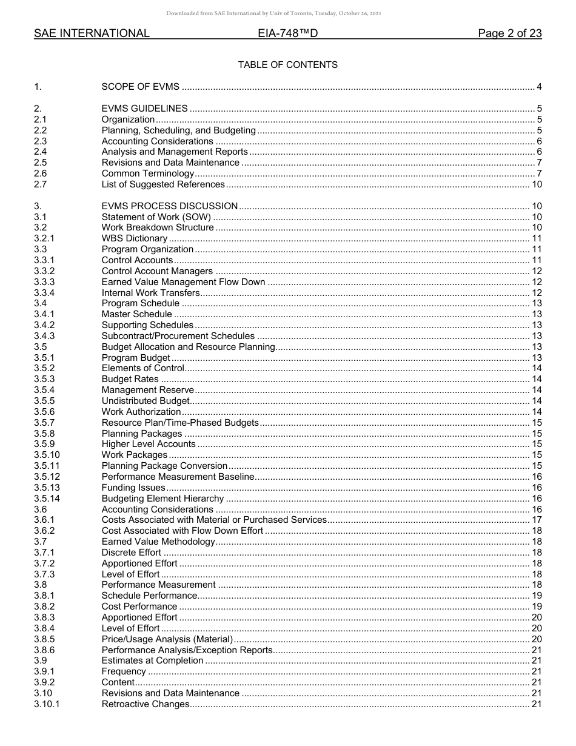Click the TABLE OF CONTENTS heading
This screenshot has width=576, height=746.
287,65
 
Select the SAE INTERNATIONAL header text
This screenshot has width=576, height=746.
92,34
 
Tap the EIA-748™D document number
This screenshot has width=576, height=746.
287,34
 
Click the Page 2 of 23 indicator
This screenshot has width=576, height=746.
509,34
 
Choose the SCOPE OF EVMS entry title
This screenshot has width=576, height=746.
140,87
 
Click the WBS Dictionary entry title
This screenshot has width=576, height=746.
134,238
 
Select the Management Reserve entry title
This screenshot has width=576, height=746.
147,390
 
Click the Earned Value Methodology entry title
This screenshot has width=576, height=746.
158,542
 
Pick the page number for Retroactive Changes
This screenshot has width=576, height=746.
537,704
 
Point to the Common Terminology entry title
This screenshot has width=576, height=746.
147,173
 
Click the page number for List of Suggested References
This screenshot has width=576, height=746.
537,184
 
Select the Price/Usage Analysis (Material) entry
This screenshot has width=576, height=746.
167,639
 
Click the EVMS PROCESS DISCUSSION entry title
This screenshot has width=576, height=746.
169,206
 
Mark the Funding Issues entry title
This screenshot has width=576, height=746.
133,488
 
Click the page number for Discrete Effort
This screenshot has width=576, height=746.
537,553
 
